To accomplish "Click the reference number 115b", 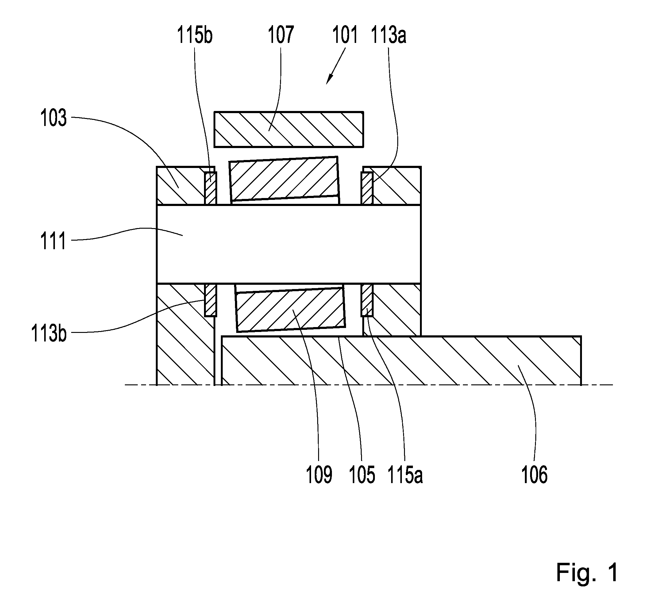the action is (x=194, y=35).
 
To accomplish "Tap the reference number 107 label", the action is (x=280, y=35).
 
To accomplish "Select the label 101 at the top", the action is (x=344, y=35).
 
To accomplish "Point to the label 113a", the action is (x=388, y=35).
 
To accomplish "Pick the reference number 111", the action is (x=53, y=241).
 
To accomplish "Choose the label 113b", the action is (x=49, y=334).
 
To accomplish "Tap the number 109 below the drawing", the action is (x=319, y=475).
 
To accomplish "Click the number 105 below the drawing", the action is (x=362, y=475).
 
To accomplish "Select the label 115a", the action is (x=405, y=475).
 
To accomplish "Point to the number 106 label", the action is (x=534, y=475).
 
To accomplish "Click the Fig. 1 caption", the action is (x=587, y=573).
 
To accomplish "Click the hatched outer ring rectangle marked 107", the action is (x=289, y=129).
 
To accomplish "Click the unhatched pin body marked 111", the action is (x=289, y=244).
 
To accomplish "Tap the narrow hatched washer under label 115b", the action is (x=210, y=188).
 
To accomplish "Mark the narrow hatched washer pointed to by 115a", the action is (x=367, y=300).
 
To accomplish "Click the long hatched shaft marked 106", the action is (x=401, y=360).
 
